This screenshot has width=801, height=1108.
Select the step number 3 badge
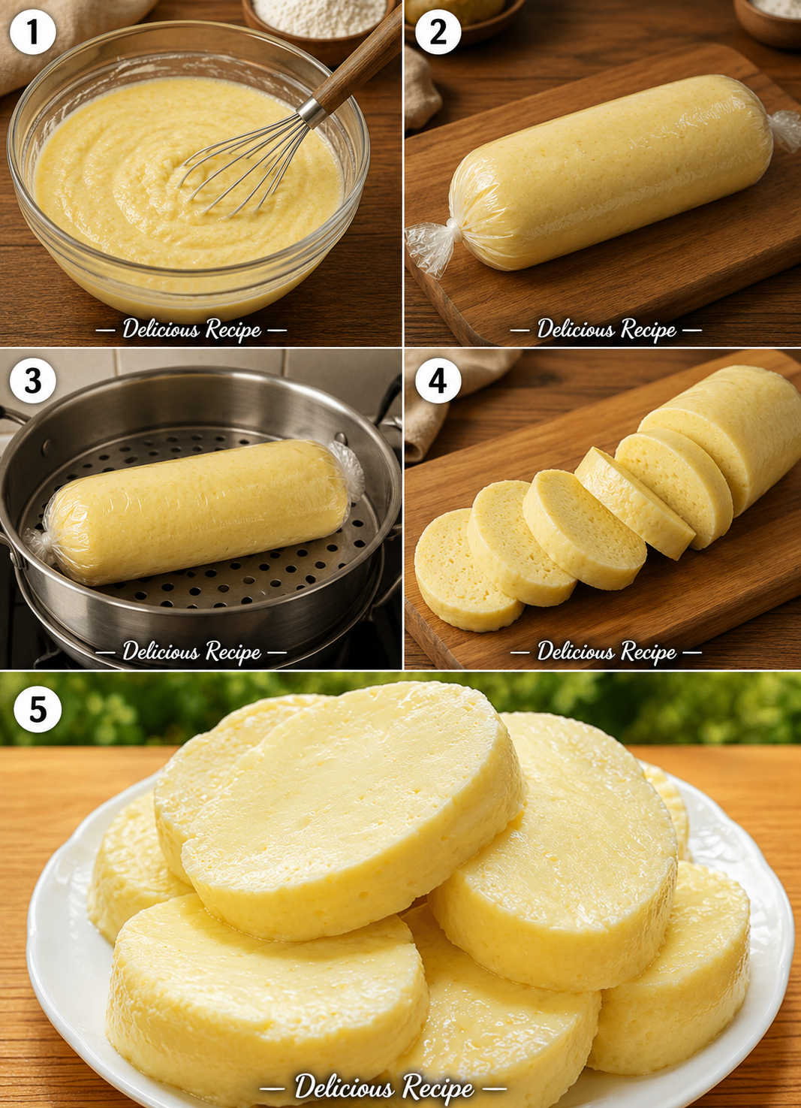(32, 382)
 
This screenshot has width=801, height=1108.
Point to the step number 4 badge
(438, 382)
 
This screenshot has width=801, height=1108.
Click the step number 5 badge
(38, 709)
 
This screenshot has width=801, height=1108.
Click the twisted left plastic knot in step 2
(432, 245)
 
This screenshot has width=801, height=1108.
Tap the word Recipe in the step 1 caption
(233, 330)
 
